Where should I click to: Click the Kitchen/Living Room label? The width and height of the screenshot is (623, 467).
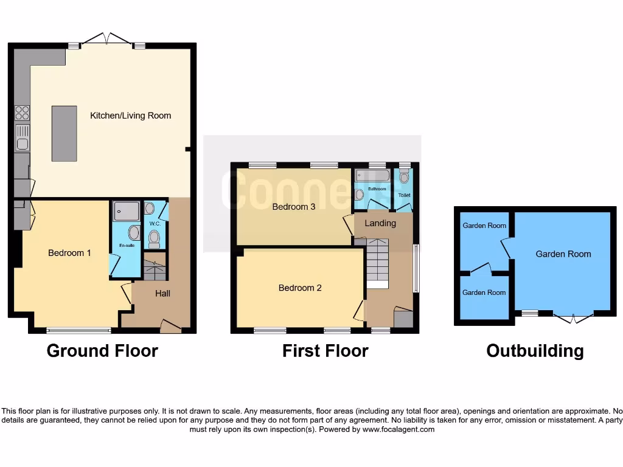coord(130,116)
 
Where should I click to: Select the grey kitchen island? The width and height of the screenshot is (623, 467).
coord(64,134)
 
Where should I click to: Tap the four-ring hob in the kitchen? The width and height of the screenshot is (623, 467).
coord(22,112)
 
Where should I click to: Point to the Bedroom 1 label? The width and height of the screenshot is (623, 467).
coord(69,252)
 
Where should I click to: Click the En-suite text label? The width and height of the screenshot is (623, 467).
coord(127,246)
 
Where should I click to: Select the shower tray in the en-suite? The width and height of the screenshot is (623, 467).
coord(126,210)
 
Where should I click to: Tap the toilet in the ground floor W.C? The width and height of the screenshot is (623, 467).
coord(155,237)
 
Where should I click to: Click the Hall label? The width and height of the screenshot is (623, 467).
coord(162,293)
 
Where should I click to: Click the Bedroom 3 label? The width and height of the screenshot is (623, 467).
coord(293,207)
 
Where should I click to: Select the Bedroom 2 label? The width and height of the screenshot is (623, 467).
coord(300,288)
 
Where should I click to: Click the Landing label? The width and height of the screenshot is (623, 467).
coord(380,223)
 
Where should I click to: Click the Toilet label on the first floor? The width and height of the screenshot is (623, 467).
coord(404,195)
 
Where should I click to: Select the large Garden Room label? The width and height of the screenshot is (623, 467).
coord(563,254)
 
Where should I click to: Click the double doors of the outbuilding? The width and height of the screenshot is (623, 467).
coord(573,317)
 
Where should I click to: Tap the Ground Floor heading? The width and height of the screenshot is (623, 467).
coord(102,351)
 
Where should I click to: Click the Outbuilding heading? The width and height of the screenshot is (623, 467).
coord(535,351)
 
